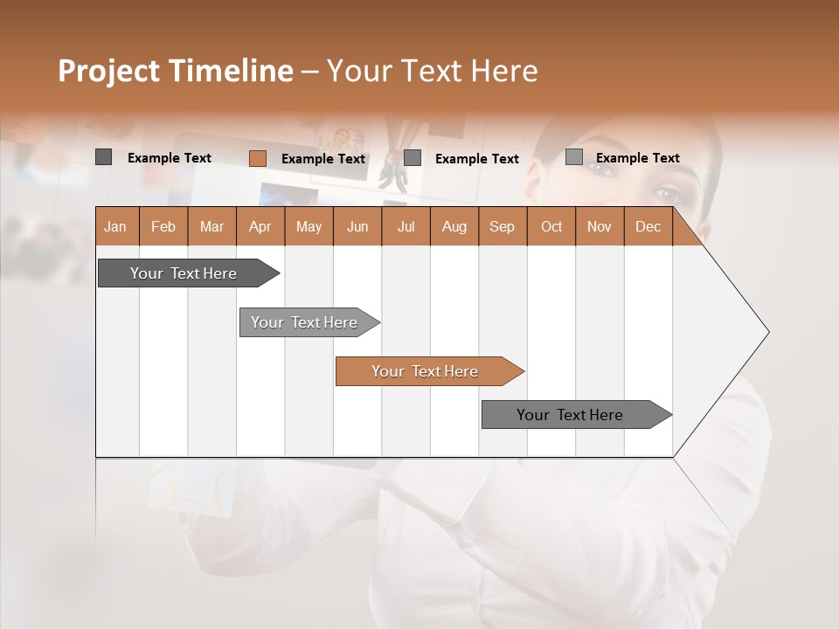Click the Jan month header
[115, 226]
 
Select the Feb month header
[163, 226]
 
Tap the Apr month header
[260, 226]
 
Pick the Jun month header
[357, 226]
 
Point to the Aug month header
[454, 226]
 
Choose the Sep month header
[502, 226]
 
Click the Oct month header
[551, 226]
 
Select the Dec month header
[648, 226]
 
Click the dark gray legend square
[103, 157]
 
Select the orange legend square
[257, 158]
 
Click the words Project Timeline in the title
[176, 71]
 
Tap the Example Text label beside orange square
[323, 159]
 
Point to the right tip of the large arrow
[767, 332]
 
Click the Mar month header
[211, 226]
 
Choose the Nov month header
[599, 226]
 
